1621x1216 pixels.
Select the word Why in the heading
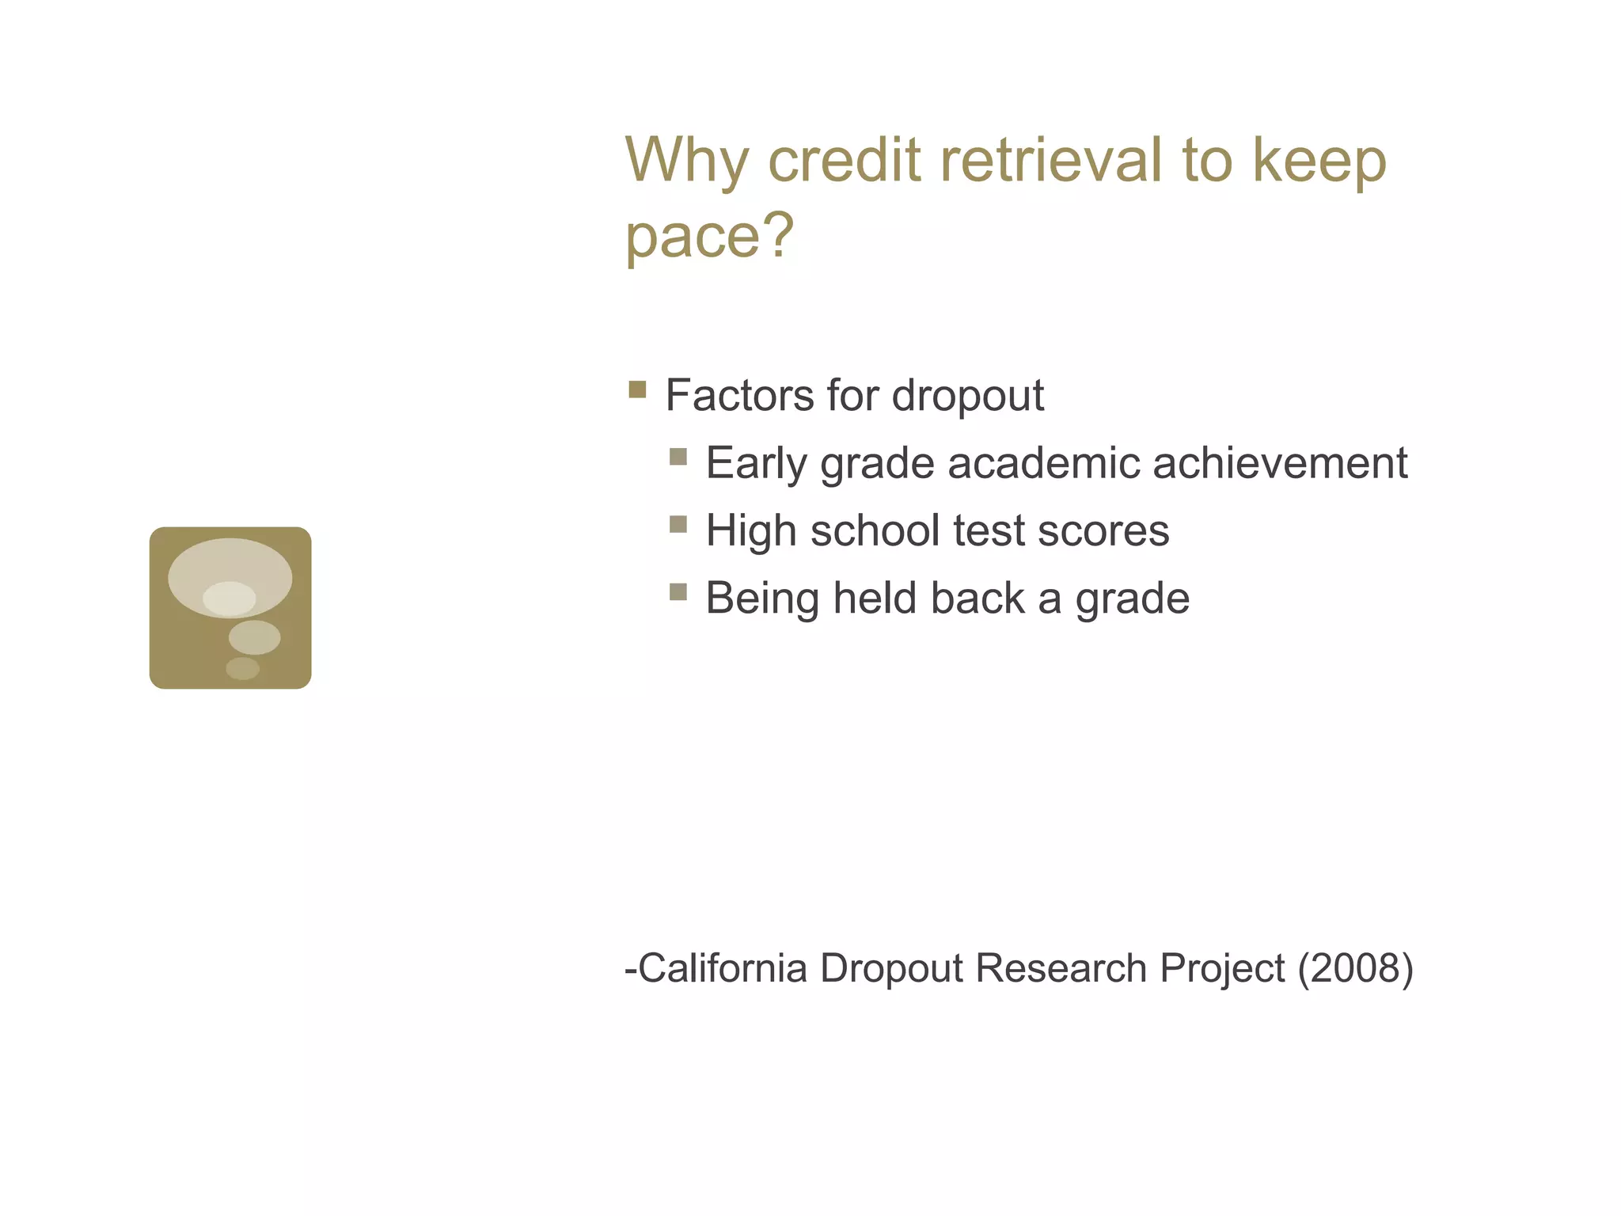click(x=685, y=160)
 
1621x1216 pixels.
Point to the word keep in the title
click(x=1319, y=161)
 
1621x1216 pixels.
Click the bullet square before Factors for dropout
click(x=637, y=389)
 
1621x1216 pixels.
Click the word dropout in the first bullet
click(x=967, y=395)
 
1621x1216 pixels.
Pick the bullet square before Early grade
click(x=678, y=457)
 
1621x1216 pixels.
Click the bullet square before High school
click(x=678, y=524)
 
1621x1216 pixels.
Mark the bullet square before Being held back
click(x=678, y=592)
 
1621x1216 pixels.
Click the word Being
click(x=762, y=599)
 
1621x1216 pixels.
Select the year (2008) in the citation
click(x=1355, y=968)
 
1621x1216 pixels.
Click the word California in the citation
click(x=722, y=968)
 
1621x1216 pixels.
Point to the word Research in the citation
click(x=1061, y=968)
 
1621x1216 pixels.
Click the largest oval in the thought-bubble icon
click(x=230, y=564)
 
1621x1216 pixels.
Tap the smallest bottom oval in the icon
click(x=242, y=668)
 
